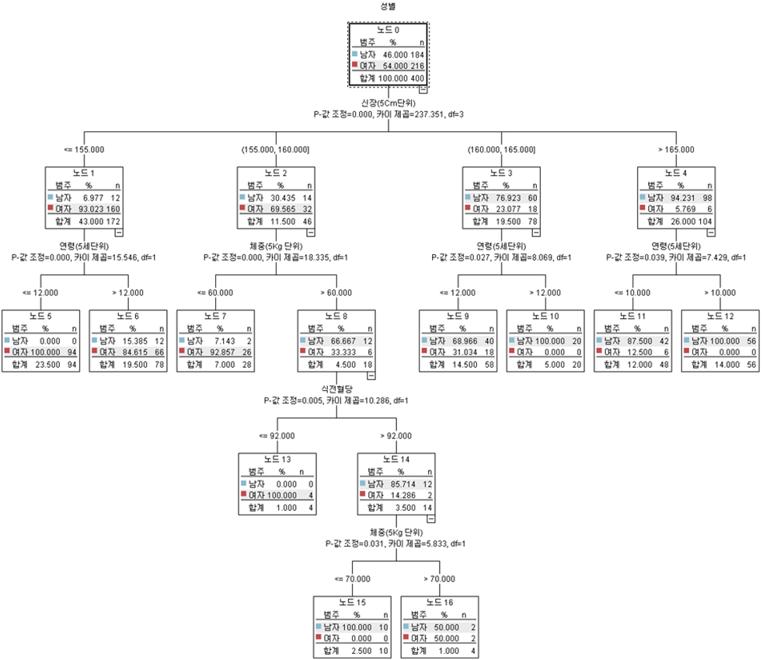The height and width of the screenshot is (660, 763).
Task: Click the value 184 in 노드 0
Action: click(416, 55)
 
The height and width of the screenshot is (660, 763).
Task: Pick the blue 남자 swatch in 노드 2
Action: click(242, 197)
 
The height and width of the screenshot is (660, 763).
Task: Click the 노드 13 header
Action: click(277, 459)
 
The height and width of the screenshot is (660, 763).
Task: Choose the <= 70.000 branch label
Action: click(351, 578)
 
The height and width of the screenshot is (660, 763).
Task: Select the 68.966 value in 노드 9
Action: click(465, 340)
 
